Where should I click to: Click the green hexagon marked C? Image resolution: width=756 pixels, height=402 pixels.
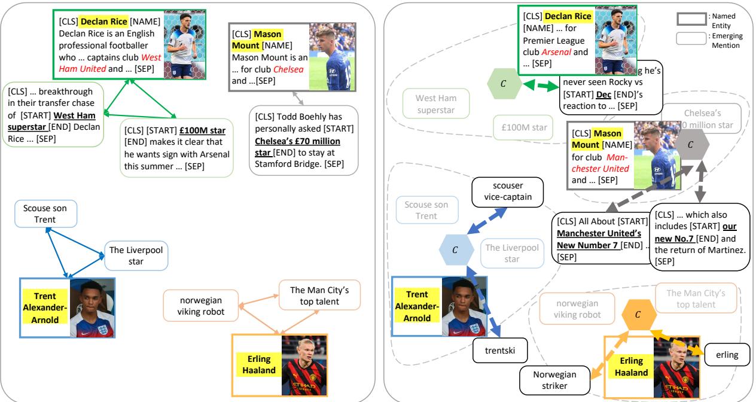(x=503, y=83)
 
